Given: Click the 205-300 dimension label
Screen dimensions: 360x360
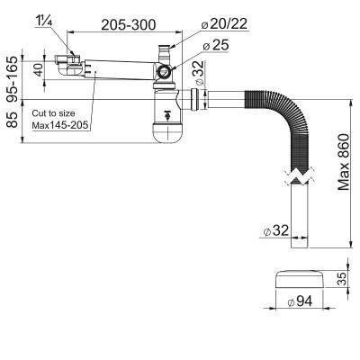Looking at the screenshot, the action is (x=129, y=24).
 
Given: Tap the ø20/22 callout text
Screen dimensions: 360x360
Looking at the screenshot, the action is (x=224, y=24).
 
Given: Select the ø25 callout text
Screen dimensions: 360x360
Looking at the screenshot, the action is (x=216, y=45).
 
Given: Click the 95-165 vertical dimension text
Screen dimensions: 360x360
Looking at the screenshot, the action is (x=13, y=79).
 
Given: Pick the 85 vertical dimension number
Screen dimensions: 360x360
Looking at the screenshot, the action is (x=13, y=120).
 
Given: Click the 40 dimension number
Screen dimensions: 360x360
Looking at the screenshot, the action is (x=38, y=70).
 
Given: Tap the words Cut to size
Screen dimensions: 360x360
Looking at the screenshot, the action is (x=53, y=113).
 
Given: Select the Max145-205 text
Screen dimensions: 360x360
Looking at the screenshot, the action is (x=60, y=125).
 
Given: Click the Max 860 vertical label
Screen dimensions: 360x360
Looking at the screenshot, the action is (x=344, y=162).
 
